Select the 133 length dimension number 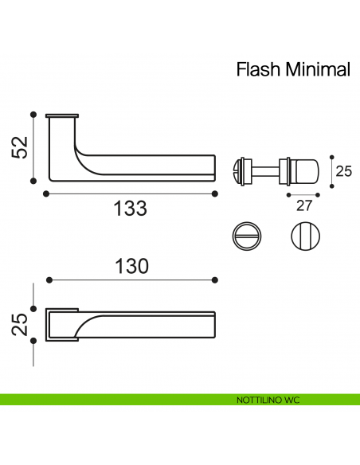tap(130, 209)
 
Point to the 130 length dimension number tap(131, 266)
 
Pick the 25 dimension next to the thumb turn tap(343, 170)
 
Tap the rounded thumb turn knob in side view tap(303, 169)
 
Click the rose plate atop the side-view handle tap(63, 116)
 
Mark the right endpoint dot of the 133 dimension tap(216, 193)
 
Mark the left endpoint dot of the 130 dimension tap(49, 280)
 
